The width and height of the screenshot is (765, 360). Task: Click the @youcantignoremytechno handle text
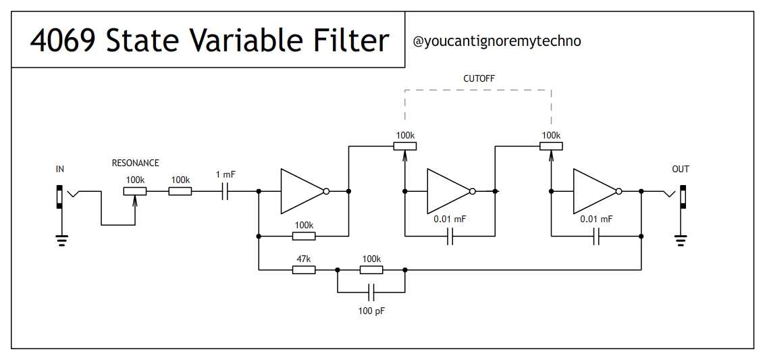pyautogui.click(x=496, y=41)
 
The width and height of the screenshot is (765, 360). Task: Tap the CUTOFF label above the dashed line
pyautogui.click(x=479, y=79)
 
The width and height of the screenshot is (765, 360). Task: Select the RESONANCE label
pyautogui.click(x=135, y=163)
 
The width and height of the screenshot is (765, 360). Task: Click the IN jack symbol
pyautogui.click(x=60, y=197)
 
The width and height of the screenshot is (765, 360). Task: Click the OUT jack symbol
pyautogui.click(x=683, y=197)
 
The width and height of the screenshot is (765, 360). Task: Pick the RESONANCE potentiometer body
pyautogui.click(x=134, y=191)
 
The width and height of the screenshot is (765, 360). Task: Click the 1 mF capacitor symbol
pyautogui.click(x=226, y=192)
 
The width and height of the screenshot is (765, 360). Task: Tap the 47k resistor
pyautogui.click(x=303, y=270)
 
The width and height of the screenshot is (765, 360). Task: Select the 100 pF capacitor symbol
pyautogui.click(x=370, y=292)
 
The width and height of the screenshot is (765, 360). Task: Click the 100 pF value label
pyautogui.click(x=371, y=311)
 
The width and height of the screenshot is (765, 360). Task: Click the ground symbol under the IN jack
pyautogui.click(x=61, y=238)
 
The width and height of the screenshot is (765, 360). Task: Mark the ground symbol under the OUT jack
pyautogui.click(x=681, y=238)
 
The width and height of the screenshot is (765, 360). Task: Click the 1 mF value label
pyautogui.click(x=226, y=175)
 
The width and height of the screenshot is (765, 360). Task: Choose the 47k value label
pyautogui.click(x=303, y=259)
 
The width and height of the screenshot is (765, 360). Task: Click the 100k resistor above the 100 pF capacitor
pyautogui.click(x=371, y=270)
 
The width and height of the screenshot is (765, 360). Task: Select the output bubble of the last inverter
pyautogui.click(x=618, y=192)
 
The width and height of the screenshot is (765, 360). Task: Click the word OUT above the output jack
pyautogui.click(x=681, y=169)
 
